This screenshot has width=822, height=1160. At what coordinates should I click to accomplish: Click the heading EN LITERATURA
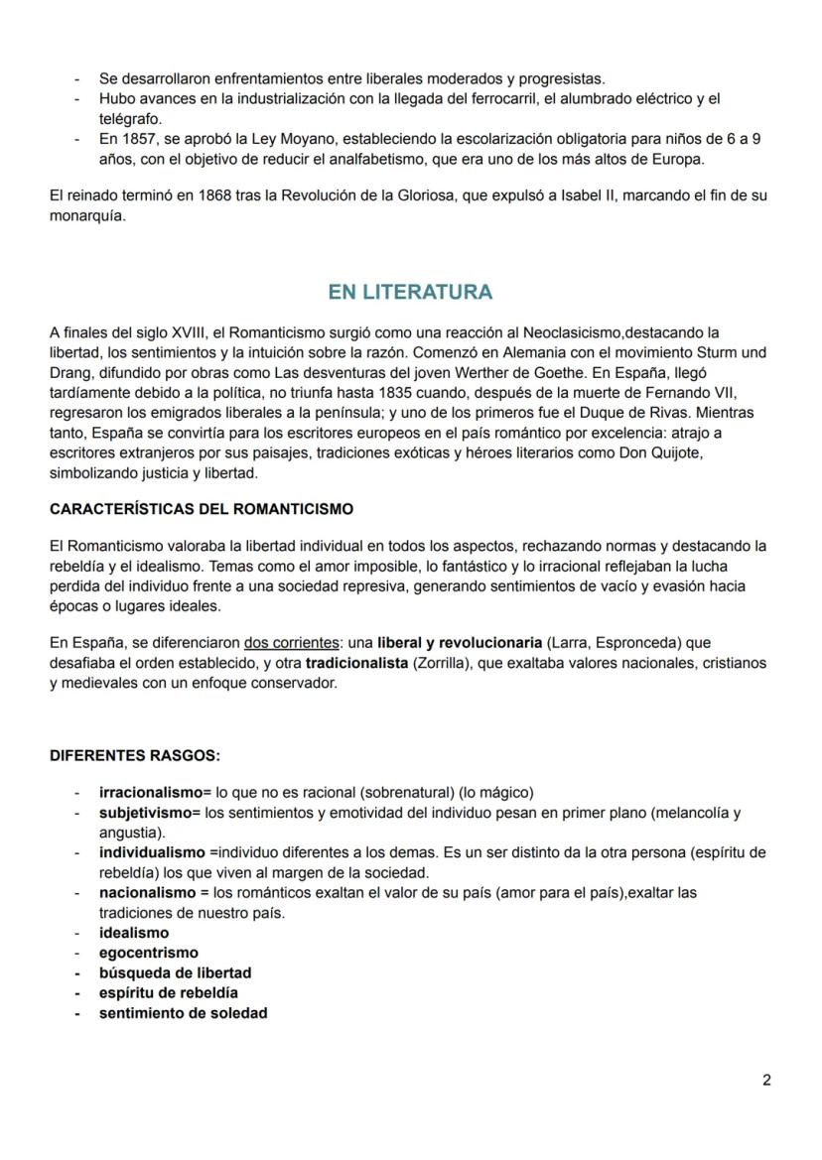pyautogui.click(x=410, y=292)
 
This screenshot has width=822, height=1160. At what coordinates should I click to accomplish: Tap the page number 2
pyautogui.click(x=766, y=1081)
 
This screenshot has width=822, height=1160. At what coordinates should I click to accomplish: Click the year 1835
pyautogui.click(x=384, y=393)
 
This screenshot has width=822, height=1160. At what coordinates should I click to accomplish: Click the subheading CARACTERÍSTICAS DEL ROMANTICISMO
pyautogui.click(x=202, y=509)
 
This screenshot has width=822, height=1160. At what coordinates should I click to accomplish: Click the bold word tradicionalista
pyautogui.click(x=356, y=662)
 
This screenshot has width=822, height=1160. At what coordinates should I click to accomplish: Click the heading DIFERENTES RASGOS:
pyautogui.click(x=135, y=756)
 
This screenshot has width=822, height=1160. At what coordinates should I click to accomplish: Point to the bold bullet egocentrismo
pyautogui.click(x=148, y=953)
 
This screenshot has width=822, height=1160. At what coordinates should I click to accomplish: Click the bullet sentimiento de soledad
pyautogui.click(x=183, y=1013)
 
